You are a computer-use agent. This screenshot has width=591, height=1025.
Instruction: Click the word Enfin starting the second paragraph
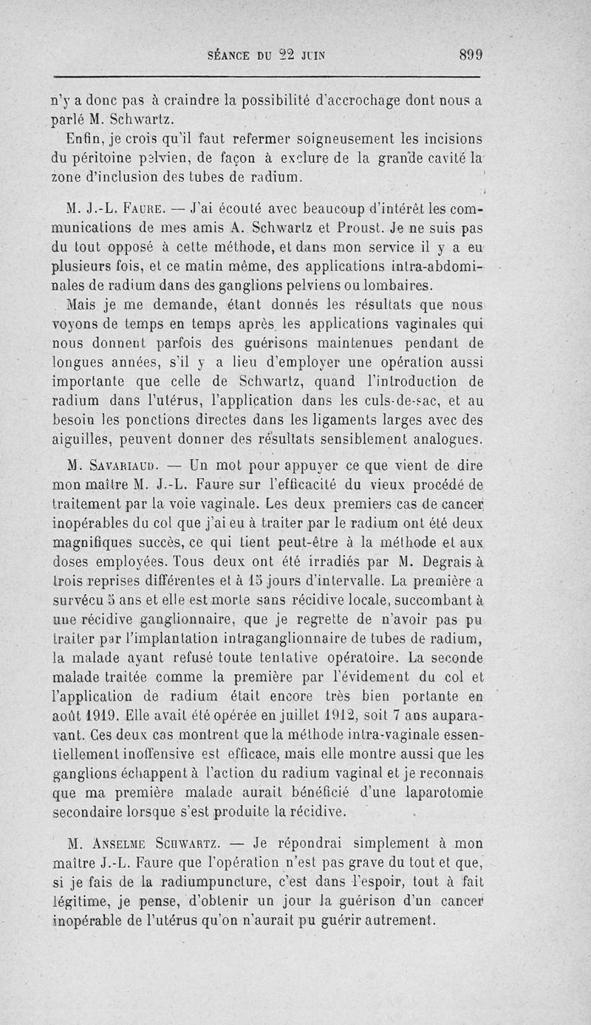(x=81, y=138)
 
